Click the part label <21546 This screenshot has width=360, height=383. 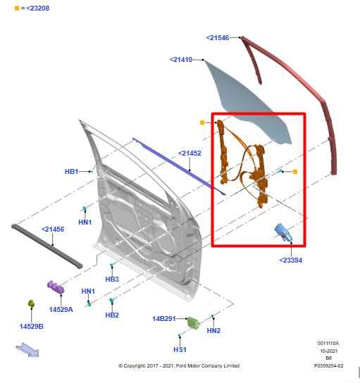[x=217, y=37]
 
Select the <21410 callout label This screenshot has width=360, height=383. [x=180, y=60]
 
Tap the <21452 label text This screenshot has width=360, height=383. [x=190, y=153]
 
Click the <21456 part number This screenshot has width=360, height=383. [x=53, y=229]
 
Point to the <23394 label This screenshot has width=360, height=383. [x=291, y=260]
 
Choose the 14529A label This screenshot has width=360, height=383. [x=61, y=309]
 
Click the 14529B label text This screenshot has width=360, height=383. [x=31, y=326]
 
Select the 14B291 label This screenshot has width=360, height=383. [x=164, y=318]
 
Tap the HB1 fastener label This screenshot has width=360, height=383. [x=71, y=171]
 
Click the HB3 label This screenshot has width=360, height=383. [x=112, y=279]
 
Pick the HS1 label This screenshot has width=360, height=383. [x=180, y=349]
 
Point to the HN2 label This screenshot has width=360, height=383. [x=213, y=330]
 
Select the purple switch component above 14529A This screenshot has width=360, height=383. [x=55, y=287]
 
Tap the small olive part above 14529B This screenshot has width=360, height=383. [x=31, y=303]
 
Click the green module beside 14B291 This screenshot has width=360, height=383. [x=192, y=322]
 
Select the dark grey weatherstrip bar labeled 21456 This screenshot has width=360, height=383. [x=46, y=245]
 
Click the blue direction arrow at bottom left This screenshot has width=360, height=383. [x=28, y=349]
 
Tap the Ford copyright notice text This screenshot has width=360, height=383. [x=178, y=365]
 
